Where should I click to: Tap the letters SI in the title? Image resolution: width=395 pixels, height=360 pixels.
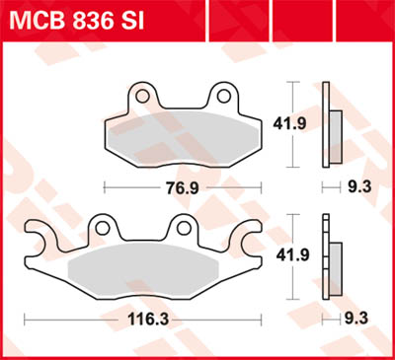(137, 20)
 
